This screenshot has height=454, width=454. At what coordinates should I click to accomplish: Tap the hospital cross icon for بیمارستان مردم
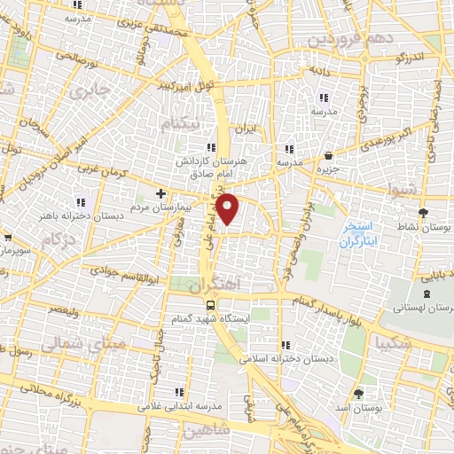point(160,192)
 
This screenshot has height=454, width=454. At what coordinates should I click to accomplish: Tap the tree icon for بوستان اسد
point(358,394)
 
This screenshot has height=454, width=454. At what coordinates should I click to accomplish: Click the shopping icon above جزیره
point(329,155)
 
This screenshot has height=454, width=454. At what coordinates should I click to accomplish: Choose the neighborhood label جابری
point(92,91)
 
